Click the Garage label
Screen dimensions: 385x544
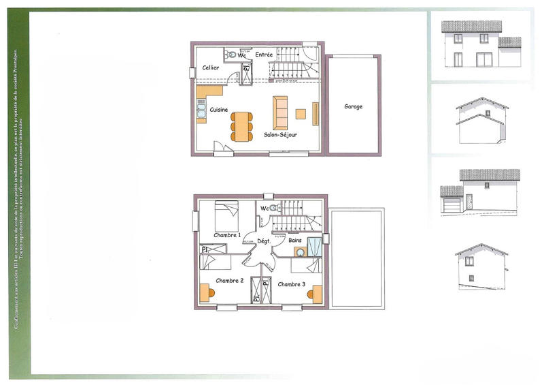pos(353,107)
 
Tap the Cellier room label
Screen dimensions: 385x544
pos(211,67)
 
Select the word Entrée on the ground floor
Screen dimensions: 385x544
pos(264,55)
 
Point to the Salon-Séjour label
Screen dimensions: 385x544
pos(280,135)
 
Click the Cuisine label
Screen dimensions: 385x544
pos(218,110)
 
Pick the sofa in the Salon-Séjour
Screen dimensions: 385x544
pos(280,112)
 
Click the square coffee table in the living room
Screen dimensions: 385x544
pos(301,114)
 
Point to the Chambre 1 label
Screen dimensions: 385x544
pos(227,235)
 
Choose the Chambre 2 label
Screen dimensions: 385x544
pos(230,280)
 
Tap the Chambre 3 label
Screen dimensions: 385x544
pos(292,284)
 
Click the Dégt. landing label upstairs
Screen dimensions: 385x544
pos(264,241)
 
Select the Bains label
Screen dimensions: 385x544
pos(294,241)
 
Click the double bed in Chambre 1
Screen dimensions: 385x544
pos(226,217)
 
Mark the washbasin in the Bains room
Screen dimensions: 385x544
pos(300,252)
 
